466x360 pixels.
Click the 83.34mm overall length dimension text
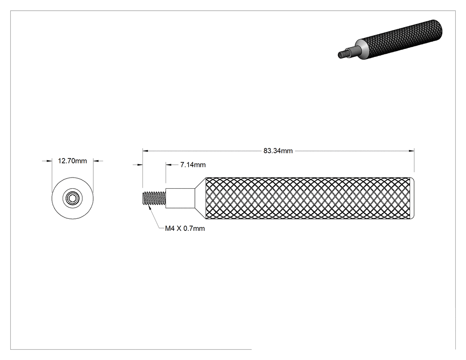tap(278, 151)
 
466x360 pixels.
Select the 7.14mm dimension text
tap(193, 165)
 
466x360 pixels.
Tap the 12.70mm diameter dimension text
tap(72, 161)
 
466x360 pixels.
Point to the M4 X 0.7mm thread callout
tap(185, 228)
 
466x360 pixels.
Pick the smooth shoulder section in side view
tap(180, 198)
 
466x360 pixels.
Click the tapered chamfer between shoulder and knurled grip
tap(200, 198)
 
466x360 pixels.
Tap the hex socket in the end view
tap(72, 198)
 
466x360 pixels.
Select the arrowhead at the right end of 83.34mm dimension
tap(411, 151)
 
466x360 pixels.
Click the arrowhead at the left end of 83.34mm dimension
tap(145, 151)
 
